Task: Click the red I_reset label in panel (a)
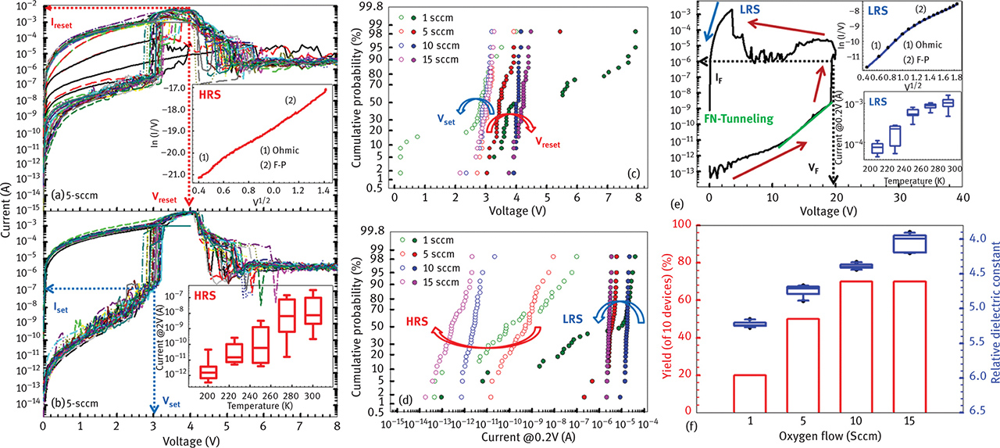[x=63, y=24]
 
